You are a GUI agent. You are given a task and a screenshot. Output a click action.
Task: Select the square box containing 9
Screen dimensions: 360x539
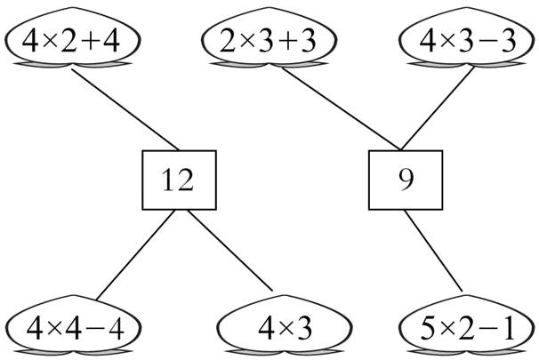pos(406,181)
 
